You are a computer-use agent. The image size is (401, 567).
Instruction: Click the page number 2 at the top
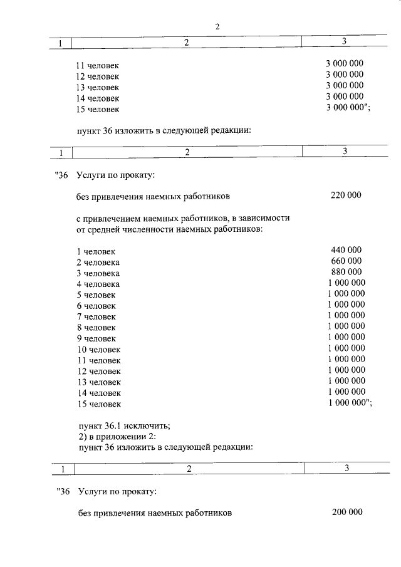217,27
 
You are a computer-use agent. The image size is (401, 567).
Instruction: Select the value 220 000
346,195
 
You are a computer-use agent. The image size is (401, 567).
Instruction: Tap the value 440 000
346,250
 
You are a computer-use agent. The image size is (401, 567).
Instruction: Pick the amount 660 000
346,261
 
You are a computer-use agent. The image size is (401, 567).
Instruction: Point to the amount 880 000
346,272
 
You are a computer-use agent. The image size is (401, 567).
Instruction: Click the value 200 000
346,512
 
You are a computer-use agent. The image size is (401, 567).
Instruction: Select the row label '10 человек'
98,349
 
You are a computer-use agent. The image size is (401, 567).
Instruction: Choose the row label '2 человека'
98,261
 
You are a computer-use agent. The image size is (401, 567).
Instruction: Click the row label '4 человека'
98,284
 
